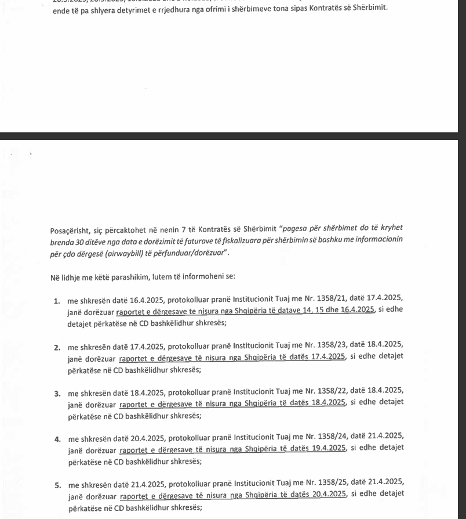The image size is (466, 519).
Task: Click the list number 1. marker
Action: point(57,301)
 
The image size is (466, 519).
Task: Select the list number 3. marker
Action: point(57,394)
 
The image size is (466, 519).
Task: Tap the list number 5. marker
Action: point(57,485)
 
